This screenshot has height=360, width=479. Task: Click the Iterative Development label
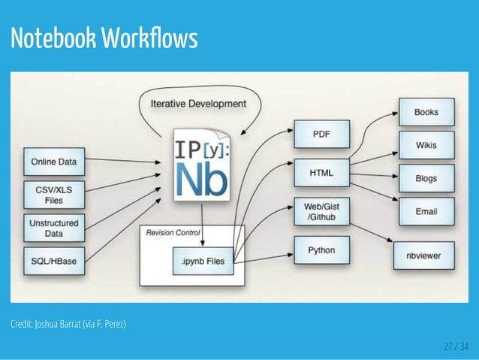[199, 103]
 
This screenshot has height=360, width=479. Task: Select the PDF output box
[321, 136]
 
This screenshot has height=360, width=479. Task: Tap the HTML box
[321, 173]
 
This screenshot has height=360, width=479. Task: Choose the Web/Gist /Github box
[321, 212]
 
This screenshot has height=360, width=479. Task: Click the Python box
[321, 250]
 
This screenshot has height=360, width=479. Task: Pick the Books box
[426, 113]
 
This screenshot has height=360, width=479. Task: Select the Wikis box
[426, 145]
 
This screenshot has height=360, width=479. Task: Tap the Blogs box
[426, 179]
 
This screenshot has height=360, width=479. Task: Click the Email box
[426, 212]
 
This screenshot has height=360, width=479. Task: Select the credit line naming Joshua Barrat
[68, 325]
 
